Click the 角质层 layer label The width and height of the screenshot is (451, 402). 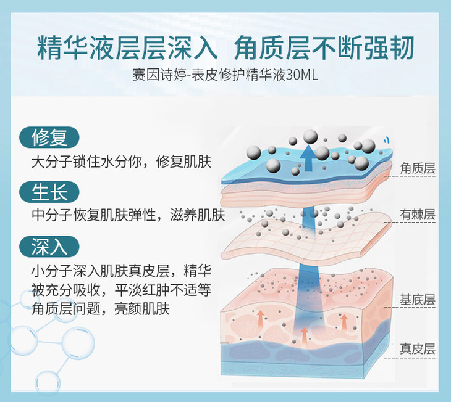(x=418, y=168)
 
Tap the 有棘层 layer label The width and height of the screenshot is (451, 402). (x=418, y=215)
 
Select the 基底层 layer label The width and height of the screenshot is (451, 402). (x=418, y=300)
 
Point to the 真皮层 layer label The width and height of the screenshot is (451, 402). (x=418, y=348)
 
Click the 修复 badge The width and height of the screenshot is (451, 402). (x=49, y=137)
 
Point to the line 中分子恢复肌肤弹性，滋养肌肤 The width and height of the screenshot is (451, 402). (x=127, y=216)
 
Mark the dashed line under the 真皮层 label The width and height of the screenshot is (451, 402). (x=418, y=358)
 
